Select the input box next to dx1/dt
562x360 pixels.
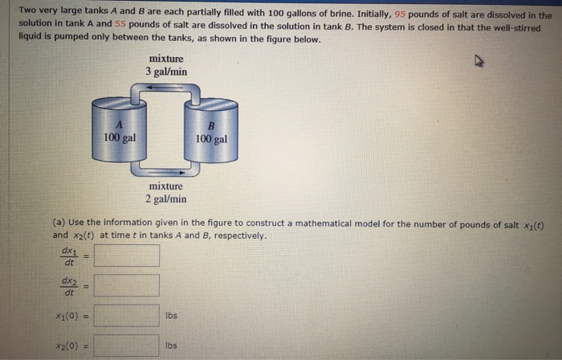(127, 256)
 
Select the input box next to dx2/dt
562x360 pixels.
(127, 285)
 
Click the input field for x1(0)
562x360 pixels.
(127, 316)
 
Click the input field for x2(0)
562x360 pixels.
(127, 346)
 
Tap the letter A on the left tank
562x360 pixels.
(119, 125)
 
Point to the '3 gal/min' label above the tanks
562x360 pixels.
(167, 72)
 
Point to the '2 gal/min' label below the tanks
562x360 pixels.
(166, 198)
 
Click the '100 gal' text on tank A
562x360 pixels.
(120, 137)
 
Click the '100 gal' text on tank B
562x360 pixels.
(211, 139)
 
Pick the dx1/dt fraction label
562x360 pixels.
(68, 256)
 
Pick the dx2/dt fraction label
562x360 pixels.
(68, 285)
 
